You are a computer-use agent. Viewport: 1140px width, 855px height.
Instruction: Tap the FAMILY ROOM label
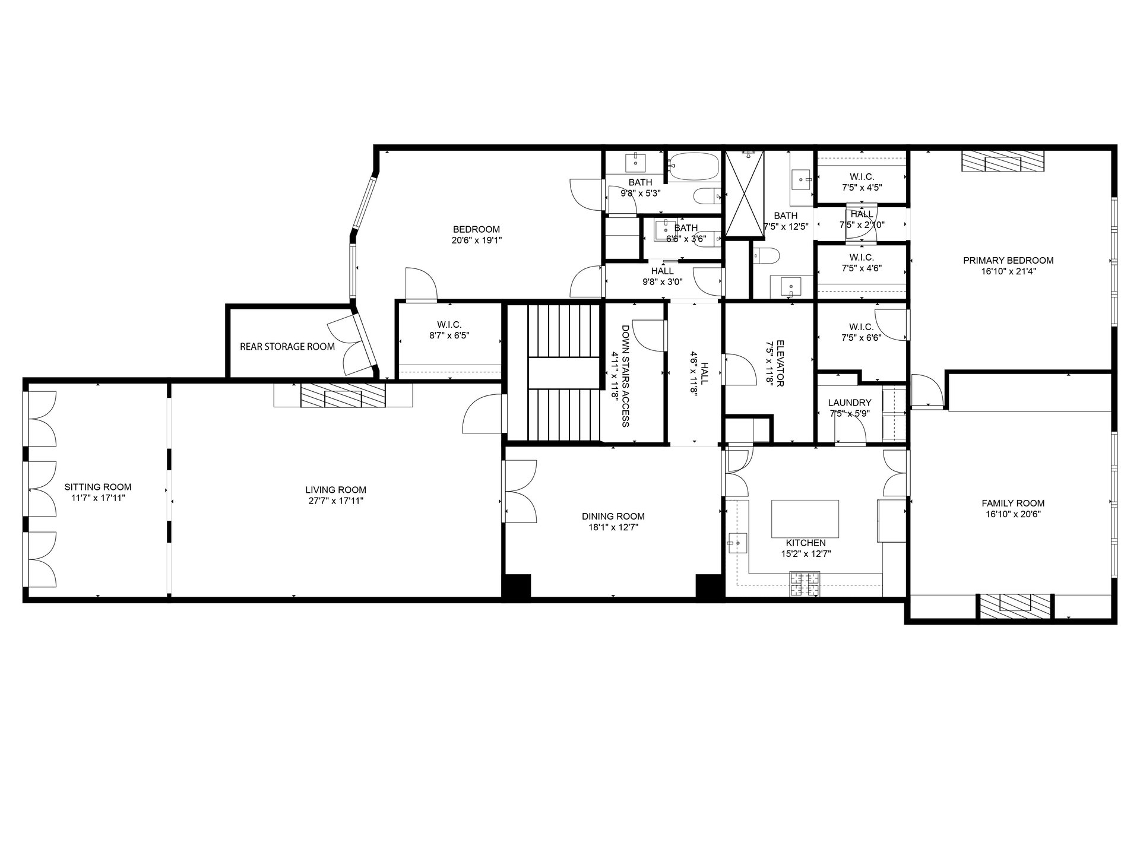pos(1013,503)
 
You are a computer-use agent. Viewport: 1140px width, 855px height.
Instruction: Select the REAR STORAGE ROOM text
pos(287,347)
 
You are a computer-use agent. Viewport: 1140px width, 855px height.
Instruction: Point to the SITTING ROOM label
pos(98,487)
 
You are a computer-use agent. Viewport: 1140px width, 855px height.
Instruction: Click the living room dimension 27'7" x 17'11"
pos(335,501)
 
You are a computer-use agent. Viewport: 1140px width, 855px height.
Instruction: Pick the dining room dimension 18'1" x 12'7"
pos(613,527)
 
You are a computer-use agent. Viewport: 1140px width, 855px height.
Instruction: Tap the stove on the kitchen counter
pos(805,584)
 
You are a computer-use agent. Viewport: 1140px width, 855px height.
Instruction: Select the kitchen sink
pos(737,542)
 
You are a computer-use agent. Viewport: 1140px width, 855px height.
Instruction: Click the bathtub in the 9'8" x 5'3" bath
pos(693,166)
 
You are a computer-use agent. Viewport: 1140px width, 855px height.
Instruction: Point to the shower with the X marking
pos(744,195)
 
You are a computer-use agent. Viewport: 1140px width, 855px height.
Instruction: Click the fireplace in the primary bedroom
pos(1003,160)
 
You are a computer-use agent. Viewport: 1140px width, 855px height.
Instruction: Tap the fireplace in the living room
pos(343,395)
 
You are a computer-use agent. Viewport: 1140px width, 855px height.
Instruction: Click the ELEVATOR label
pos(775,363)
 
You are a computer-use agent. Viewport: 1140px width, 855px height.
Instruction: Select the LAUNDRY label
pos(850,403)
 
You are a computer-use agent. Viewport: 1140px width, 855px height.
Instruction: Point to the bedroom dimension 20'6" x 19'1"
pos(477,240)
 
